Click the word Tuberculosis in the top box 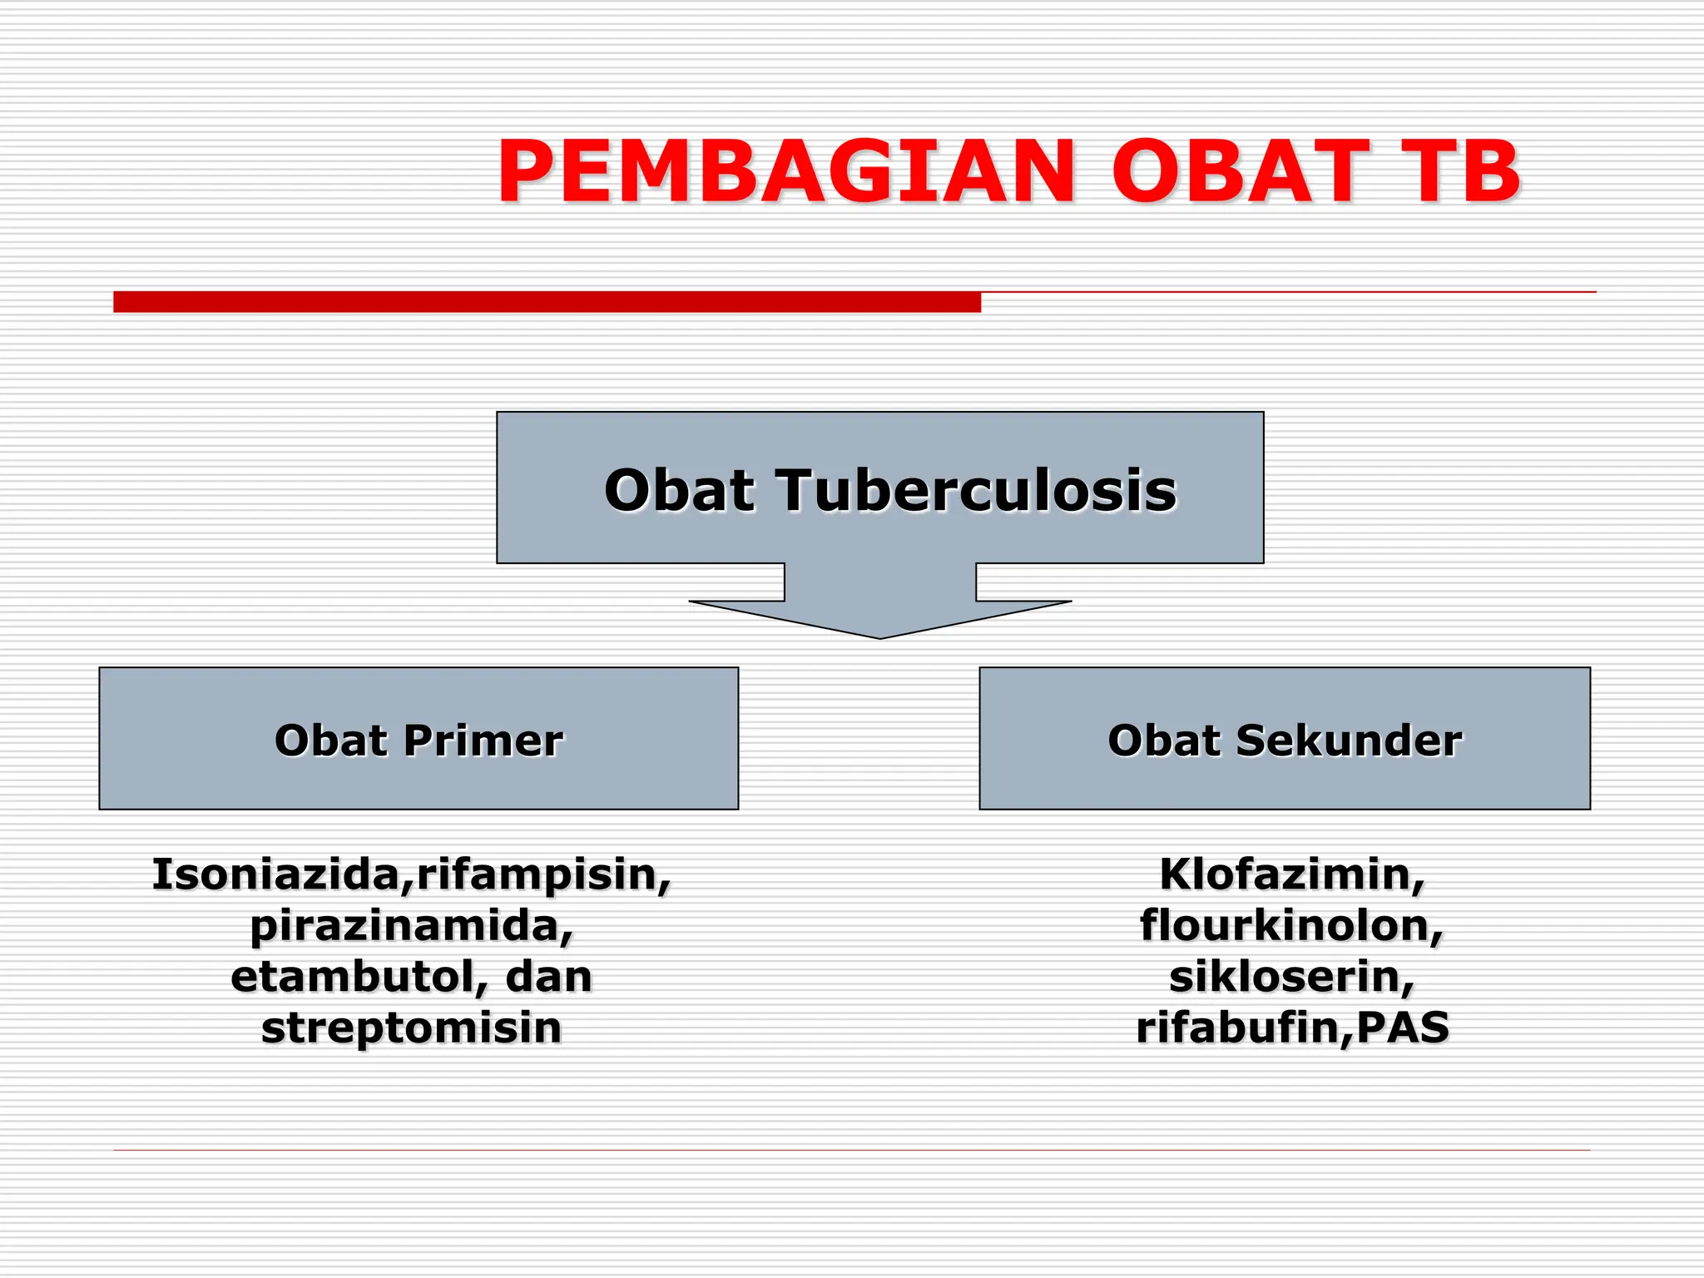pos(977,490)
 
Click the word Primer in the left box pos(483,741)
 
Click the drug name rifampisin pos(539,876)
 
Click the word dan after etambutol pos(548,977)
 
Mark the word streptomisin pos(411,1028)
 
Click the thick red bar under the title pos(547,302)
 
